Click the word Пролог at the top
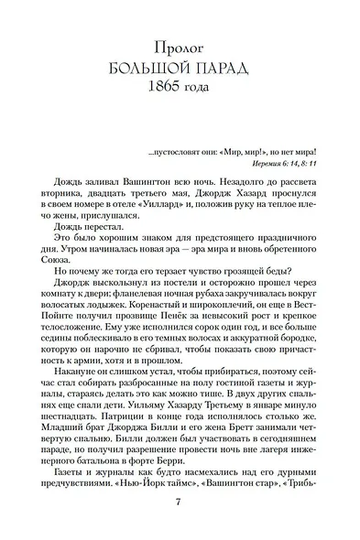point(180,44)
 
